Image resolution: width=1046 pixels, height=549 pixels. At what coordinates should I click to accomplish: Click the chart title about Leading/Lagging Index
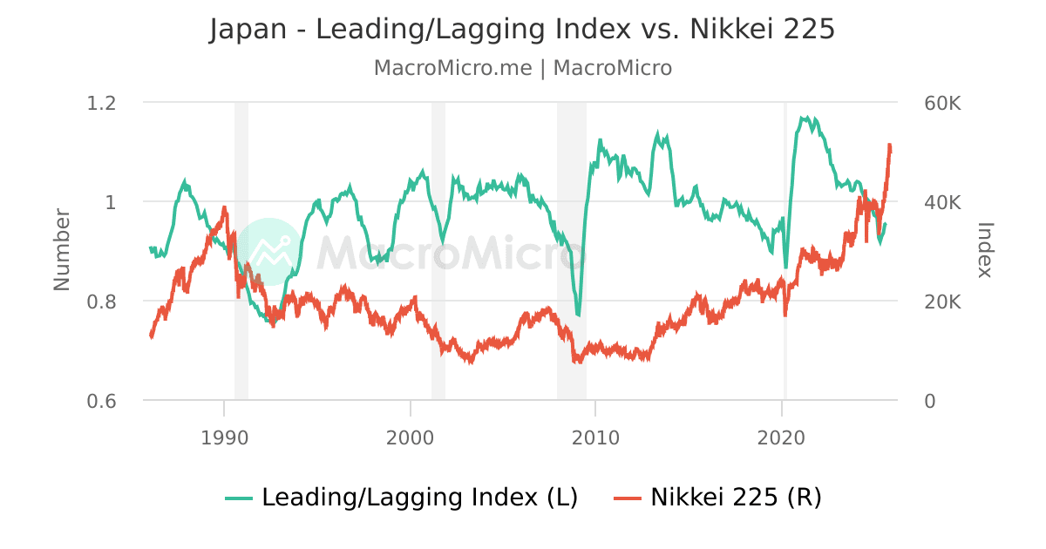point(522,30)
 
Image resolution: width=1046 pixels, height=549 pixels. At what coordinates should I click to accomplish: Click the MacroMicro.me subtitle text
point(522,68)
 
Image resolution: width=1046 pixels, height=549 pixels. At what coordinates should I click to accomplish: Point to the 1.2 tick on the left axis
point(103,103)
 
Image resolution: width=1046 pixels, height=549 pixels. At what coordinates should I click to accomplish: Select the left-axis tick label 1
point(111,202)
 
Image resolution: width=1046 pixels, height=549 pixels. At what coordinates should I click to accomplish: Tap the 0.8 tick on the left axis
point(103,302)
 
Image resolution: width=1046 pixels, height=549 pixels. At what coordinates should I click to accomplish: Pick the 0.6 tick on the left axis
point(103,401)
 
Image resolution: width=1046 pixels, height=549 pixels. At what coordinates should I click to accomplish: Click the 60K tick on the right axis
point(942,103)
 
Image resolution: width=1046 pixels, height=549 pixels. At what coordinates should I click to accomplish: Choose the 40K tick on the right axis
point(942,202)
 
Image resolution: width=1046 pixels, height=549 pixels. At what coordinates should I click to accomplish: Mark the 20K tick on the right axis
point(942,302)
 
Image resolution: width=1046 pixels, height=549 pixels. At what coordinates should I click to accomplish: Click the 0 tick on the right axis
point(929,401)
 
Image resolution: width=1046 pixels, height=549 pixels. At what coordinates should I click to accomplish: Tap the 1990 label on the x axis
point(224,436)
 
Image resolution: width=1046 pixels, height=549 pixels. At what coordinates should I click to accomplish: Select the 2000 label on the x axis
point(410,436)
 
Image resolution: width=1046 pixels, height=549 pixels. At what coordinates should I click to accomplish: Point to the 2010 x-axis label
point(595,436)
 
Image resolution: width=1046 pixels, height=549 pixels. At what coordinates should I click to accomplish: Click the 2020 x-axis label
point(782,436)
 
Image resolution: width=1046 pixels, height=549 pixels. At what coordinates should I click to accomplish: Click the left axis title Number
point(62,249)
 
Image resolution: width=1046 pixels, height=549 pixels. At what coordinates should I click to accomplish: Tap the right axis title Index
point(985,249)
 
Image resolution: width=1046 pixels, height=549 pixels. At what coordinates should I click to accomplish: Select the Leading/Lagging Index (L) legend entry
point(402,498)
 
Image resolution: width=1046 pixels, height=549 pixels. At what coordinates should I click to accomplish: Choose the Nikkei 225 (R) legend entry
point(718,498)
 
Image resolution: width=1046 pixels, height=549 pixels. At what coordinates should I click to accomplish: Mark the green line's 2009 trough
point(578,315)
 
